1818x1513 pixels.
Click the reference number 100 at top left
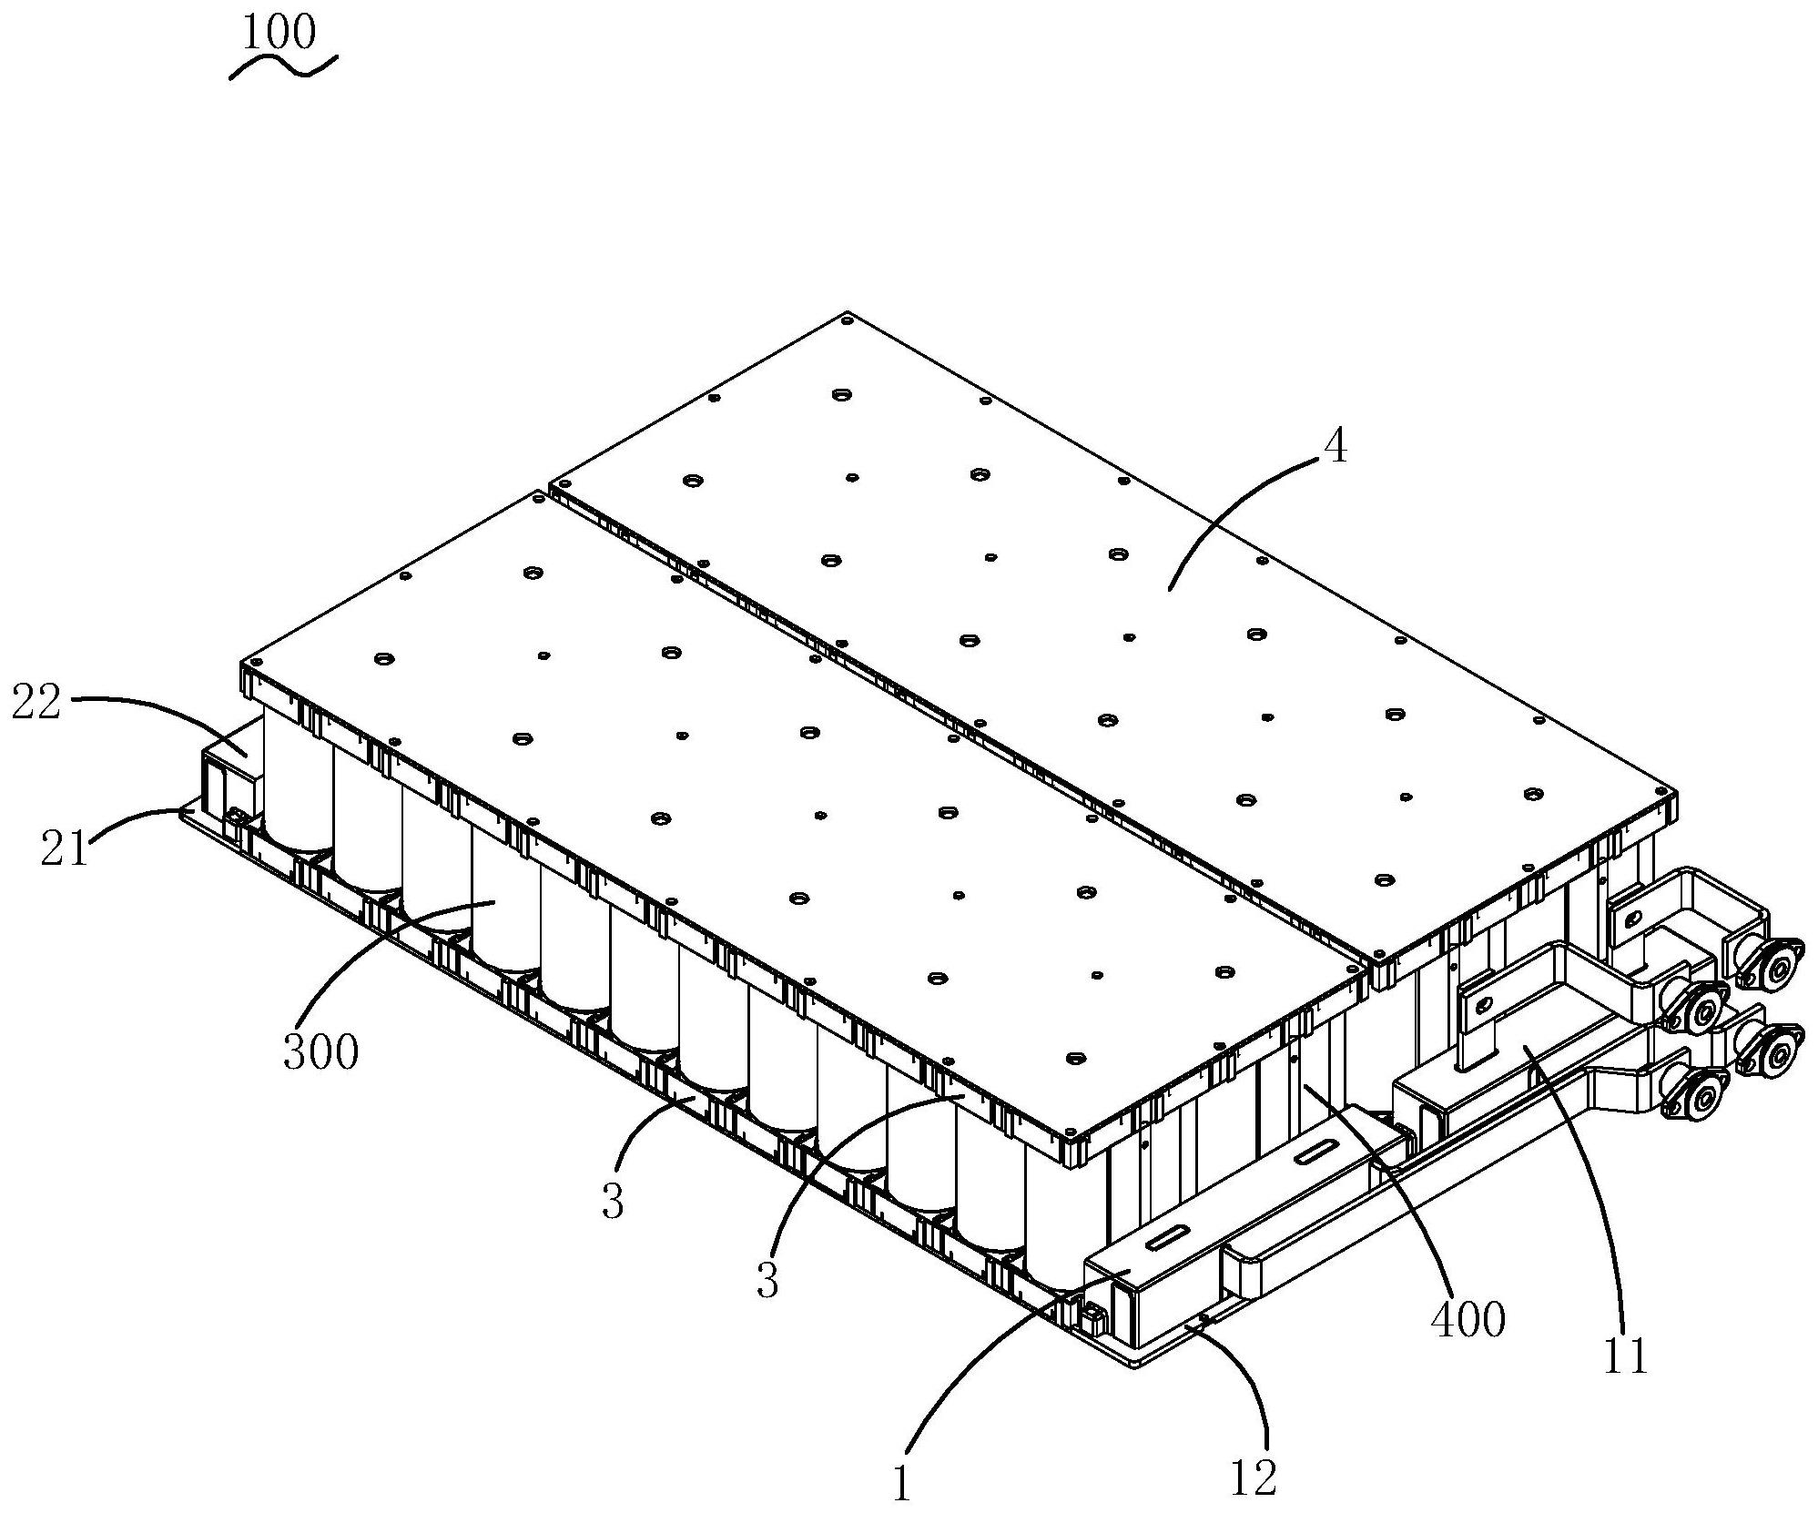click(279, 33)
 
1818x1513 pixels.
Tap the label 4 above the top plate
click(1334, 449)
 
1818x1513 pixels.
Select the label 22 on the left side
click(36, 704)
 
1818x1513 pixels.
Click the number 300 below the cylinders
click(320, 1052)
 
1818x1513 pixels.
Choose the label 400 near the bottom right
click(1468, 1319)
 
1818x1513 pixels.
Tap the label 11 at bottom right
click(1625, 1357)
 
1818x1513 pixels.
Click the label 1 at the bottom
click(901, 1486)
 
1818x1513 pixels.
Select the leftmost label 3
click(613, 1203)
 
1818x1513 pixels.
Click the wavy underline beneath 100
click(283, 67)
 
